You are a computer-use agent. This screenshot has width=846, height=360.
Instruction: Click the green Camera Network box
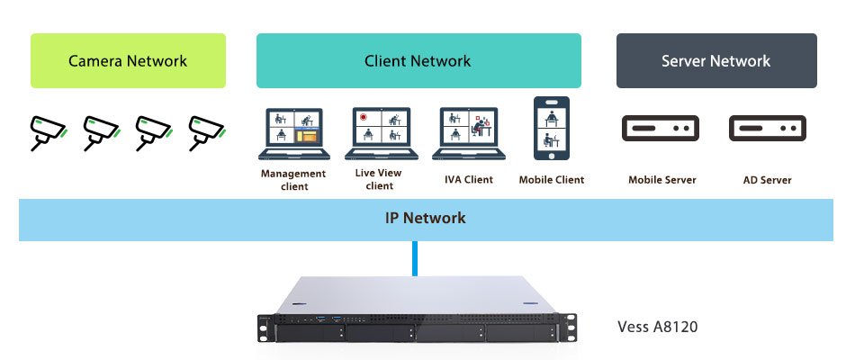point(128,61)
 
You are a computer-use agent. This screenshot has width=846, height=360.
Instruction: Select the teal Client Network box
point(418,61)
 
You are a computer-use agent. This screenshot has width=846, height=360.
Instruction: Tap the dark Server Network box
point(716,61)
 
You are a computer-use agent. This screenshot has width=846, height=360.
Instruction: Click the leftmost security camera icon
point(47,131)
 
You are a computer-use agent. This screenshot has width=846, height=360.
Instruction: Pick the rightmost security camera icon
point(205,131)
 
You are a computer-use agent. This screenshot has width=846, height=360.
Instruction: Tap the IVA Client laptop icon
point(468,131)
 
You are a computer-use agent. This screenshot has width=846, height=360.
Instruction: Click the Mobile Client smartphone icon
point(551,130)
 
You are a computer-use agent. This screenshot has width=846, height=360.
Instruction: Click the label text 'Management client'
point(292,180)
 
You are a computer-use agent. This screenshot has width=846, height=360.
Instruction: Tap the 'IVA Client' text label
point(469,180)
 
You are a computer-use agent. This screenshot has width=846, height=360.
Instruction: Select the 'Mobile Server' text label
point(662,180)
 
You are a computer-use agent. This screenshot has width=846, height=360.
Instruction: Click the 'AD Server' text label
point(768,180)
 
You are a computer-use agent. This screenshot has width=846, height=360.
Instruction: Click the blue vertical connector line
point(415,258)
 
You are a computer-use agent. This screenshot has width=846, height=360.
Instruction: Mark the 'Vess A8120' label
point(657,327)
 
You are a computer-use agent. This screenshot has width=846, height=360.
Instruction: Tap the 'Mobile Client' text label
point(552,180)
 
